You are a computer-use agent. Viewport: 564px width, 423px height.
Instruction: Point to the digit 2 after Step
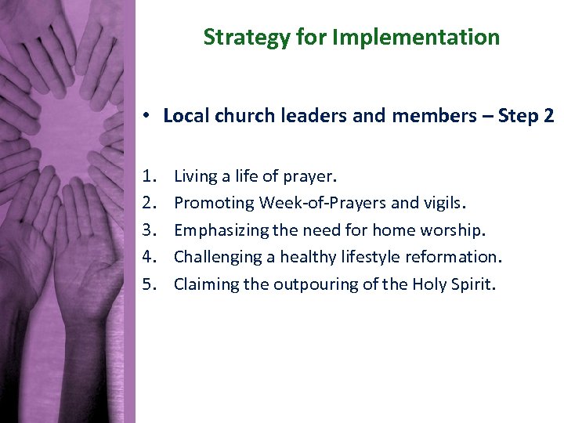(x=548, y=116)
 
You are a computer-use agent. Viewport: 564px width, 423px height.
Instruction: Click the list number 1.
(x=148, y=176)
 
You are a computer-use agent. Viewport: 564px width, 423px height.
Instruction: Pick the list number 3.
(x=148, y=230)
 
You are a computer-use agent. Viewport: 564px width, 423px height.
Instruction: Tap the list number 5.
(x=148, y=284)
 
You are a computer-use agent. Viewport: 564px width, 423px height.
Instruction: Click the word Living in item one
(x=194, y=176)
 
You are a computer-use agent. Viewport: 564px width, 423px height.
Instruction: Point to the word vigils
(x=445, y=204)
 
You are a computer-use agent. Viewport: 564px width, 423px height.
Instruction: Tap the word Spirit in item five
(x=473, y=284)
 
